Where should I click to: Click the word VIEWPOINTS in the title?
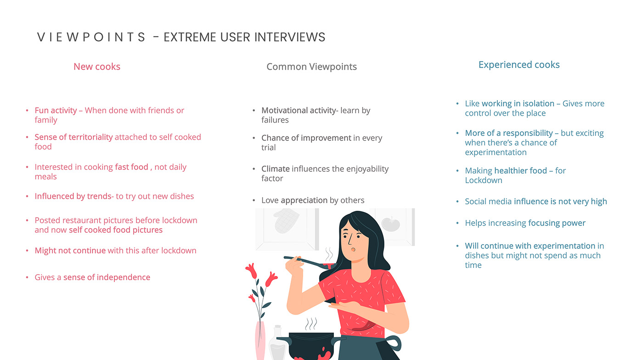click(91, 37)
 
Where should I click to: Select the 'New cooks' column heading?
click(97, 67)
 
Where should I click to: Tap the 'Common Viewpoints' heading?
click(311, 67)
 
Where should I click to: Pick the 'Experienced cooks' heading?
click(519, 65)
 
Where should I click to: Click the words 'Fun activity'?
click(56, 111)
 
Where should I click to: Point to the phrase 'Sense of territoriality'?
click(74, 137)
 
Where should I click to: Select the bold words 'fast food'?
click(131, 167)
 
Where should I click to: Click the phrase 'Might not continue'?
click(70, 251)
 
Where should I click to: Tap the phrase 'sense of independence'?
click(107, 277)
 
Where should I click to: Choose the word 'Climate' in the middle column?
click(276, 169)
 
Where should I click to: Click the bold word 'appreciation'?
click(304, 200)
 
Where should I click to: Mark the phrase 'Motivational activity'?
click(299, 111)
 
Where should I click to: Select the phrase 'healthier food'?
click(520, 171)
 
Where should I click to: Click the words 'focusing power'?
click(557, 223)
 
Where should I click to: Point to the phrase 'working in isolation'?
click(518, 104)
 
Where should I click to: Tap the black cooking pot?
click(311, 346)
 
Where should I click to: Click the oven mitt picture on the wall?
click(286, 221)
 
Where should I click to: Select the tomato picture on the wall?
click(391, 224)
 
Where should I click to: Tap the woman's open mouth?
click(353, 249)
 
